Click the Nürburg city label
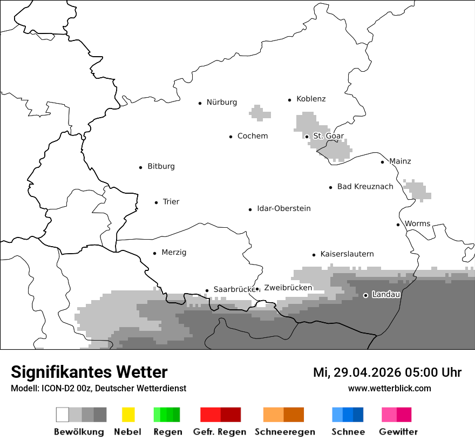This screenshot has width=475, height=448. click(x=221, y=103)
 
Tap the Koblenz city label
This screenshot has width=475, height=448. click(x=311, y=99)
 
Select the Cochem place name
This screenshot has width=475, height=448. click(x=253, y=136)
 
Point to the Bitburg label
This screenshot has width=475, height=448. click(x=161, y=167)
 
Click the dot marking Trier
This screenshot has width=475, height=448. click(x=157, y=202)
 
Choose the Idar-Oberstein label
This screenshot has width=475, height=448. click(x=284, y=209)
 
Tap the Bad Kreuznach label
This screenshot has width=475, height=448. click(x=365, y=187)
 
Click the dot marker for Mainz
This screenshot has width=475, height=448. click(x=383, y=162)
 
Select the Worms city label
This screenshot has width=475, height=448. click(x=417, y=224)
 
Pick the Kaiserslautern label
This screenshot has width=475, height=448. click(x=347, y=254)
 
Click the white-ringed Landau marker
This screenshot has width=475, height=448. click(x=366, y=295)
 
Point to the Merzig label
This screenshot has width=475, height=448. click(x=174, y=253)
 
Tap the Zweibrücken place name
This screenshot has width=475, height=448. click(x=288, y=288)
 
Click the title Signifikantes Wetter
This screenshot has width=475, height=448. click(x=89, y=372)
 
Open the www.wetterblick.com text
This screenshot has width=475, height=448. click(x=389, y=389)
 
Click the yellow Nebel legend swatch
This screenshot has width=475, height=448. click(x=128, y=415)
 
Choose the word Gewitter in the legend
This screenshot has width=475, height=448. click(x=398, y=432)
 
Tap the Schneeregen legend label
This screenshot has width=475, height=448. click(x=284, y=432)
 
